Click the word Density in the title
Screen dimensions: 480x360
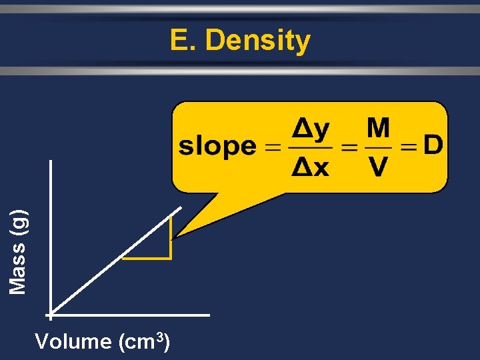pyautogui.click(x=258, y=41)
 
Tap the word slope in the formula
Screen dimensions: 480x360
pyautogui.click(x=217, y=146)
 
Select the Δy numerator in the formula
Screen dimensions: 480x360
pyautogui.click(x=311, y=130)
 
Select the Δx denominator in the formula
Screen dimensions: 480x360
pyautogui.click(x=311, y=167)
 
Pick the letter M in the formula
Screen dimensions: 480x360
pyautogui.click(x=378, y=129)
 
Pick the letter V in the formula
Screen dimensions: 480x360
pyautogui.click(x=378, y=167)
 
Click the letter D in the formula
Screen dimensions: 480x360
pyautogui.click(x=433, y=145)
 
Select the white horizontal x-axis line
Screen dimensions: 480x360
pyautogui.click(x=133, y=314)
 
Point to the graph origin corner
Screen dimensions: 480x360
pyautogui.click(x=50, y=314)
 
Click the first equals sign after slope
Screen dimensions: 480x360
pyautogui.click(x=273, y=147)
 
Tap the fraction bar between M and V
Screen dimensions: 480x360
pyautogui.click(x=377, y=147)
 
